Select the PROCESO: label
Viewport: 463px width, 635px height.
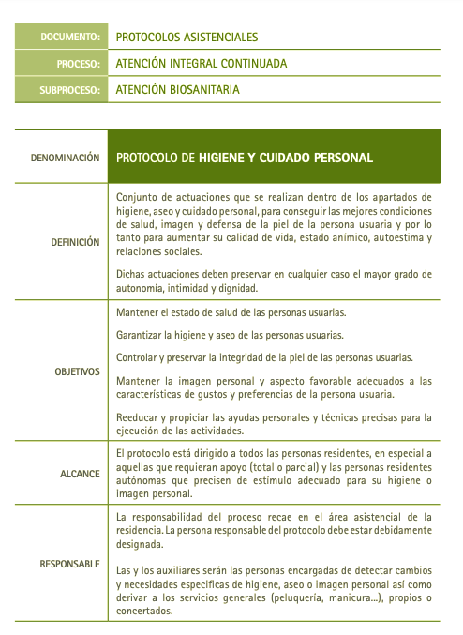(78, 64)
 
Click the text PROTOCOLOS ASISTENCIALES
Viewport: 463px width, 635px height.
(187, 38)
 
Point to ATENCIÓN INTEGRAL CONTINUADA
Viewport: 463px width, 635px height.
(201, 64)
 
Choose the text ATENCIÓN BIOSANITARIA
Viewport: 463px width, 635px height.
(177, 91)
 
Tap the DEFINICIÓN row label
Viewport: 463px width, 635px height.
(75, 242)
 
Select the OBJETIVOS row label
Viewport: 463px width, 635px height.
(77, 371)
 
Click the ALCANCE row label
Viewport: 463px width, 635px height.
(82, 474)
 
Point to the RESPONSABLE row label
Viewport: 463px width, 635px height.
(69, 564)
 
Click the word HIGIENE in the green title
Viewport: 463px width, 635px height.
(221, 158)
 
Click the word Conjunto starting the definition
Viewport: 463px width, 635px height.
(137, 197)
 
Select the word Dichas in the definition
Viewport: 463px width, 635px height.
(132, 274)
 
